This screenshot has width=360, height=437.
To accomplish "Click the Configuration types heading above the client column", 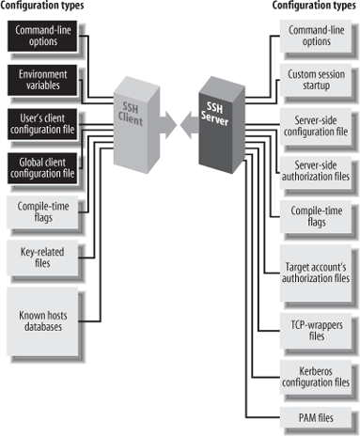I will coord(45,8).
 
